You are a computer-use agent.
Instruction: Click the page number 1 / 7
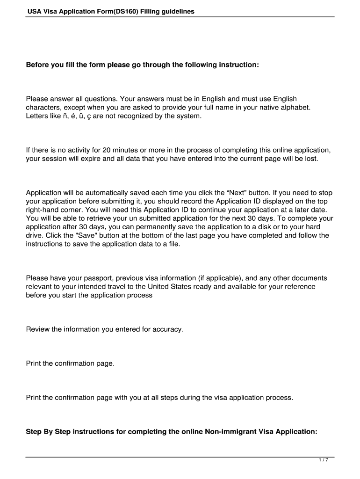(324, 460)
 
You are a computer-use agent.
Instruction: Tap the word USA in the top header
(34, 12)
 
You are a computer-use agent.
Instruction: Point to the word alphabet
(295, 107)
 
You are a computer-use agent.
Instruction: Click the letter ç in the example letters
(87, 116)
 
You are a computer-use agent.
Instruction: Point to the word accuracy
(167, 329)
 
